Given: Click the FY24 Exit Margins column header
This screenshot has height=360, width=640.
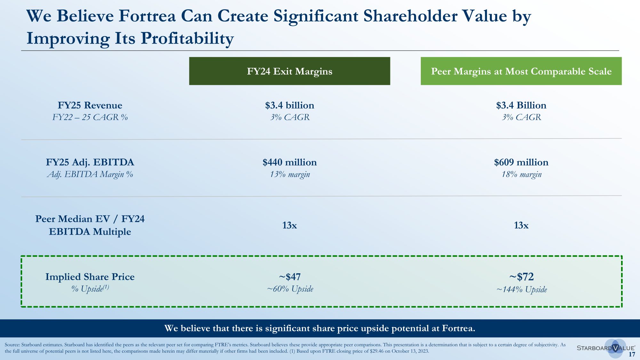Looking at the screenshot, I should [x=289, y=71].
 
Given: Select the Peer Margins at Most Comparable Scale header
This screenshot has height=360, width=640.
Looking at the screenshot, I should [x=521, y=71].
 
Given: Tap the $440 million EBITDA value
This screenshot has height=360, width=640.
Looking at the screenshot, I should [x=290, y=162].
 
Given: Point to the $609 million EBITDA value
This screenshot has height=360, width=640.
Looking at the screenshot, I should [x=521, y=162].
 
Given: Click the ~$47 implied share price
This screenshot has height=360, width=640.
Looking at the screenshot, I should [x=290, y=276].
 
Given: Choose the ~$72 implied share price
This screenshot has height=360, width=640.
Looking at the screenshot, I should [x=521, y=276].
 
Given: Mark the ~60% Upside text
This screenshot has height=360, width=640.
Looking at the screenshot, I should [x=290, y=289].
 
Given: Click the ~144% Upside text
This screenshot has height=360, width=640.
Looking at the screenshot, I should [x=522, y=290].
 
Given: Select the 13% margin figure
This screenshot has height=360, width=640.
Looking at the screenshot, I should [x=290, y=174].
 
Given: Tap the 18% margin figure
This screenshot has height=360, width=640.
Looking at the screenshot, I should [x=521, y=174].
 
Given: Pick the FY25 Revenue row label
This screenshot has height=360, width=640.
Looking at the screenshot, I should [x=90, y=105].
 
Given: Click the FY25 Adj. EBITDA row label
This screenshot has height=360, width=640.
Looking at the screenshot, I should [x=90, y=162].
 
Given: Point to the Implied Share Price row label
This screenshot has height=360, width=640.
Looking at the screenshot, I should [x=90, y=277].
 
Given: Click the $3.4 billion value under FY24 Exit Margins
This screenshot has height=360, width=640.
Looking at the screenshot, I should [x=290, y=105].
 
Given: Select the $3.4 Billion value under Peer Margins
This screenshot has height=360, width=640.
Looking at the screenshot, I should [x=521, y=105].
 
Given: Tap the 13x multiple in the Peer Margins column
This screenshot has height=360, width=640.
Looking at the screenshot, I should [x=521, y=225].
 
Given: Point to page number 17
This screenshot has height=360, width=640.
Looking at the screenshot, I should [x=632, y=354].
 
